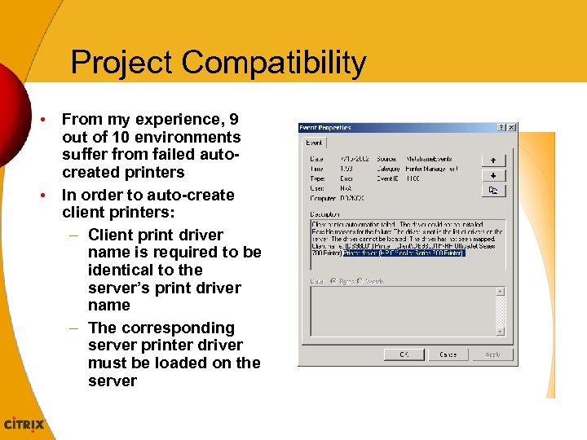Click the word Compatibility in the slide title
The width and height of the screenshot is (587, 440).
pyautogui.click(x=274, y=64)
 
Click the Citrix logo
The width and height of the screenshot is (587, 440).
pyautogui.click(x=25, y=425)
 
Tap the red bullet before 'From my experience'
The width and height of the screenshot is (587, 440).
pyautogui.click(x=46, y=120)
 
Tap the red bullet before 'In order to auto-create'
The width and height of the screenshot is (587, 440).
pyautogui.click(x=46, y=196)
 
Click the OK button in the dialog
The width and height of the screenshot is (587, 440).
pyautogui.click(x=404, y=354)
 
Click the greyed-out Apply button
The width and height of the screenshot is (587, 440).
pyautogui.click(x=492, y=354)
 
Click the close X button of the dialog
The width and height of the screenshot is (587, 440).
pyautogui.click(x=511, y=128)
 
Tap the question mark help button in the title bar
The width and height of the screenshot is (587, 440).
pyautogui.click(x=501, y=128)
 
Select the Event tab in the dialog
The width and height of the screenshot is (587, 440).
pyautogui.click(x=314, y=142)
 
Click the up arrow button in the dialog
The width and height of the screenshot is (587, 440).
pyautogui.click(x=492, y=161)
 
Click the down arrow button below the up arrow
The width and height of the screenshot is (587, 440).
pyautogui.click(x=492, y=175)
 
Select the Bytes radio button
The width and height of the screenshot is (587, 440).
pyautogui.click(x=334, y=280)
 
